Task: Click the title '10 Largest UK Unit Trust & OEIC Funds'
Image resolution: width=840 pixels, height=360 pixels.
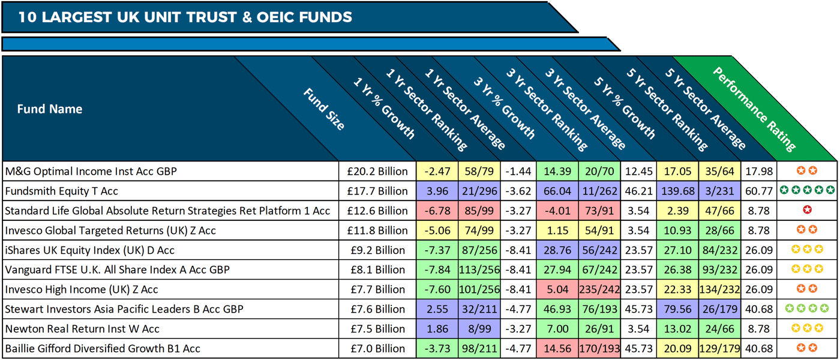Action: click(x=185, y=17)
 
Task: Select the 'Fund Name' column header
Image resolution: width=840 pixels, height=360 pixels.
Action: click(x=50, y=109)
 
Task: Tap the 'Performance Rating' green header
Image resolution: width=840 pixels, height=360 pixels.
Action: click(x=754, y=109)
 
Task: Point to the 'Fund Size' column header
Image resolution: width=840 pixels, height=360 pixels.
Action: click(x=324, y=109)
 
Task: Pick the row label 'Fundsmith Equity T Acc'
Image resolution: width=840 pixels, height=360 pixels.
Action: click(x=61, y=191)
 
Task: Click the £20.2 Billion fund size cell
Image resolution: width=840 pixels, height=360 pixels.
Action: click(x=377, y=172)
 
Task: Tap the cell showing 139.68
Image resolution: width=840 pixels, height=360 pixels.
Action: click(x=677, y=191)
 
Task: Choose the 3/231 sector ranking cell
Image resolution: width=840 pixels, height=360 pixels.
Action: click(x=720, y=191)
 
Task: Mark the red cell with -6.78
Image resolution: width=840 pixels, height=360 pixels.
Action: click(x=437, y=211)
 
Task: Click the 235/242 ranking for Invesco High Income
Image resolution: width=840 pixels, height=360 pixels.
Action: click(x=600, y=289)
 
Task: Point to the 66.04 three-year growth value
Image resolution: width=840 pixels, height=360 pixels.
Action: click(x=557, y=191)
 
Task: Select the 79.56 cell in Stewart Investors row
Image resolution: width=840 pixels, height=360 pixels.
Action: click(x=677, y=309)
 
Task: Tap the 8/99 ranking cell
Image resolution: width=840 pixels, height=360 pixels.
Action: click(x=479, y=329)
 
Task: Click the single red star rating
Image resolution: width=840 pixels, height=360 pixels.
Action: click(x=807, y=211)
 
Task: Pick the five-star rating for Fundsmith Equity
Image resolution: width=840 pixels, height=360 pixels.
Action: click(x=807, y=191)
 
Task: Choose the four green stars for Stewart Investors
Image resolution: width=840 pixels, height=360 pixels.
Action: click(x=807, y=309)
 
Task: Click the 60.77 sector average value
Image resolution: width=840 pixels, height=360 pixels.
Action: click(x=759, y=191)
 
